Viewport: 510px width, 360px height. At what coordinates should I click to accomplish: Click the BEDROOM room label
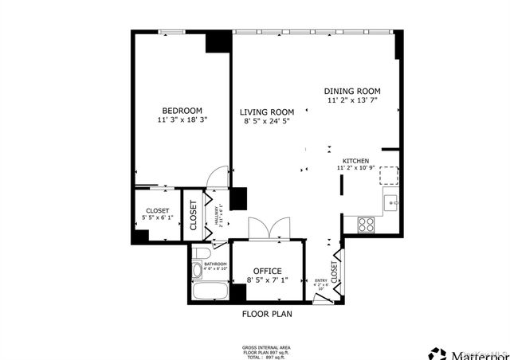click(182, 111)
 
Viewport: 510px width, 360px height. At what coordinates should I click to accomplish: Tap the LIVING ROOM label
click(268, 112)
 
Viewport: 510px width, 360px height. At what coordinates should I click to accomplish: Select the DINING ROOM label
click(352, 92)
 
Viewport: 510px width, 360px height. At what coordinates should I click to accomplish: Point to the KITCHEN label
click(356, 160)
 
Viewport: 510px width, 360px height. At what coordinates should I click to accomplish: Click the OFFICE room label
click(268, 271)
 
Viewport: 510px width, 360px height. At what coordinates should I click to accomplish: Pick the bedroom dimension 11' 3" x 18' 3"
click(182, 120)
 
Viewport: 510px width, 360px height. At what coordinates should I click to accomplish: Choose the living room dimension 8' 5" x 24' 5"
click(268, 122)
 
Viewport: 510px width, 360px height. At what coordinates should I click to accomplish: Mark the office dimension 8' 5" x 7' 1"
click(268, 280)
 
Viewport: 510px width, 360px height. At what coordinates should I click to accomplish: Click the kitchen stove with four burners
click(367, 224)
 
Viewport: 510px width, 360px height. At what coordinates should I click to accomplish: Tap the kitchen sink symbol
click(390, 203)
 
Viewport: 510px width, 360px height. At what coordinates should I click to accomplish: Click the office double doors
click(262, 228)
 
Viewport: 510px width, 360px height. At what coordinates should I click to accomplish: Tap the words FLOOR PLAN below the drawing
click(267, 314)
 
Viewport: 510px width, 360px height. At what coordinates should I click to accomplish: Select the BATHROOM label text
click(215, 264)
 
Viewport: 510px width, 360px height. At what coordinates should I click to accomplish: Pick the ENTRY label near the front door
click(321, 280)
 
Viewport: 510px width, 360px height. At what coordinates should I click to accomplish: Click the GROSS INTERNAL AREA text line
click(266, 348)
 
